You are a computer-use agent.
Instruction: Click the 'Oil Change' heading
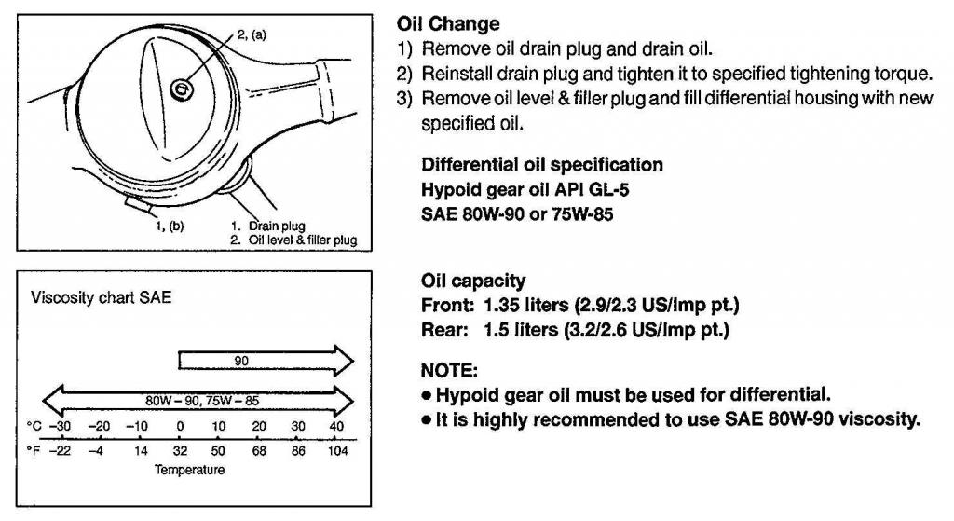click(x=449, y=21)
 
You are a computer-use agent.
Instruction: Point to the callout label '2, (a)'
click(x=252, y=34)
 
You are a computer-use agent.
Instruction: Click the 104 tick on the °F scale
click(x=337, y=450)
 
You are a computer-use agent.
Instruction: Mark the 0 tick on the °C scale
click(x=179, y=427)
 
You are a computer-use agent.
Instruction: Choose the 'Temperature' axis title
click(x=189, y=470)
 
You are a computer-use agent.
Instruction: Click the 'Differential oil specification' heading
click(x=542, y=165)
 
